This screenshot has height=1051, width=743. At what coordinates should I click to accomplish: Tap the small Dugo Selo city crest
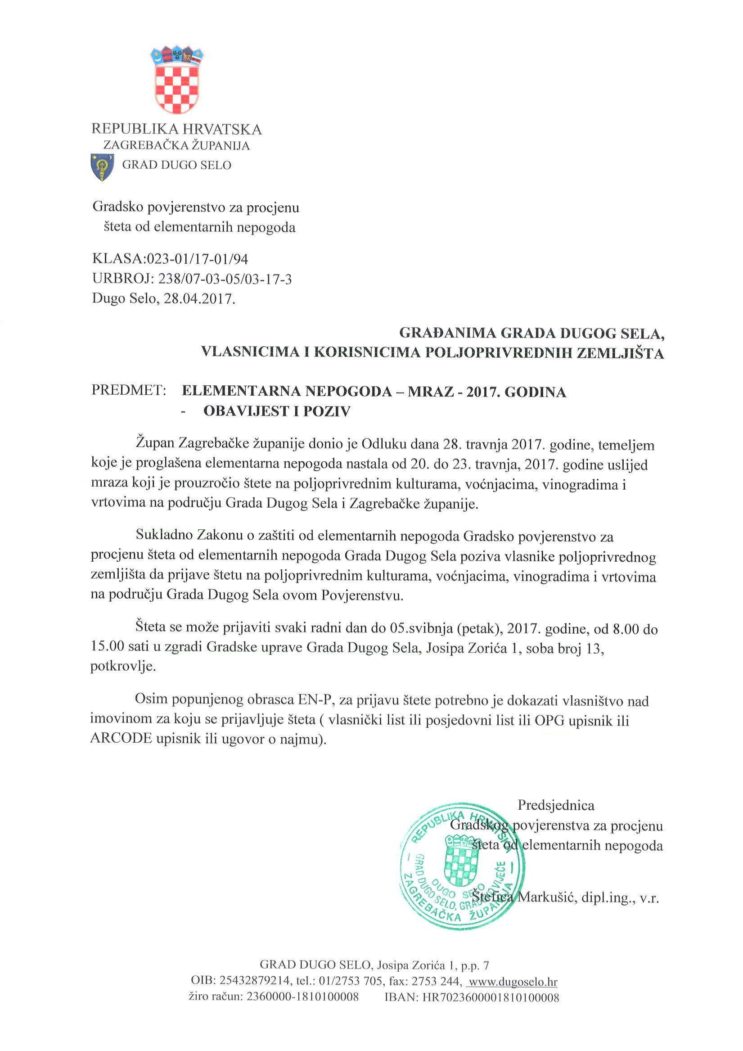(x=102, y=167)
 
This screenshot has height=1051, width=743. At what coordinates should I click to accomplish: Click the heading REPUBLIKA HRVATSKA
(x=177, y=129)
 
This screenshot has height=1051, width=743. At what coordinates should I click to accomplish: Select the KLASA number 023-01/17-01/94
(x=197, y=259)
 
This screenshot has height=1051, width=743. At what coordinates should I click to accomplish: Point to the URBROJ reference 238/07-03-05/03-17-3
(x=224, y=279)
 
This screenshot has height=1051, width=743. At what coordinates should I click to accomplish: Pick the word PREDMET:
(x=129, y=390)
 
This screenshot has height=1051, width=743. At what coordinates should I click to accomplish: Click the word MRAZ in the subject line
(x=431, y=392)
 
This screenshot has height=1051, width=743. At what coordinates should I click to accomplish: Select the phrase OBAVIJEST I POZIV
(x=277, y=411)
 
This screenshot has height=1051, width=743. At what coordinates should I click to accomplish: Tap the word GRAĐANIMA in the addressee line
(x=447, y=333)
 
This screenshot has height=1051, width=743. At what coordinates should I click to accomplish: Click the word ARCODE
(x=121, y=738)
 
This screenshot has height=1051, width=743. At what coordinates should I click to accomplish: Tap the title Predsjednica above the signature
(x=556, y=805)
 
